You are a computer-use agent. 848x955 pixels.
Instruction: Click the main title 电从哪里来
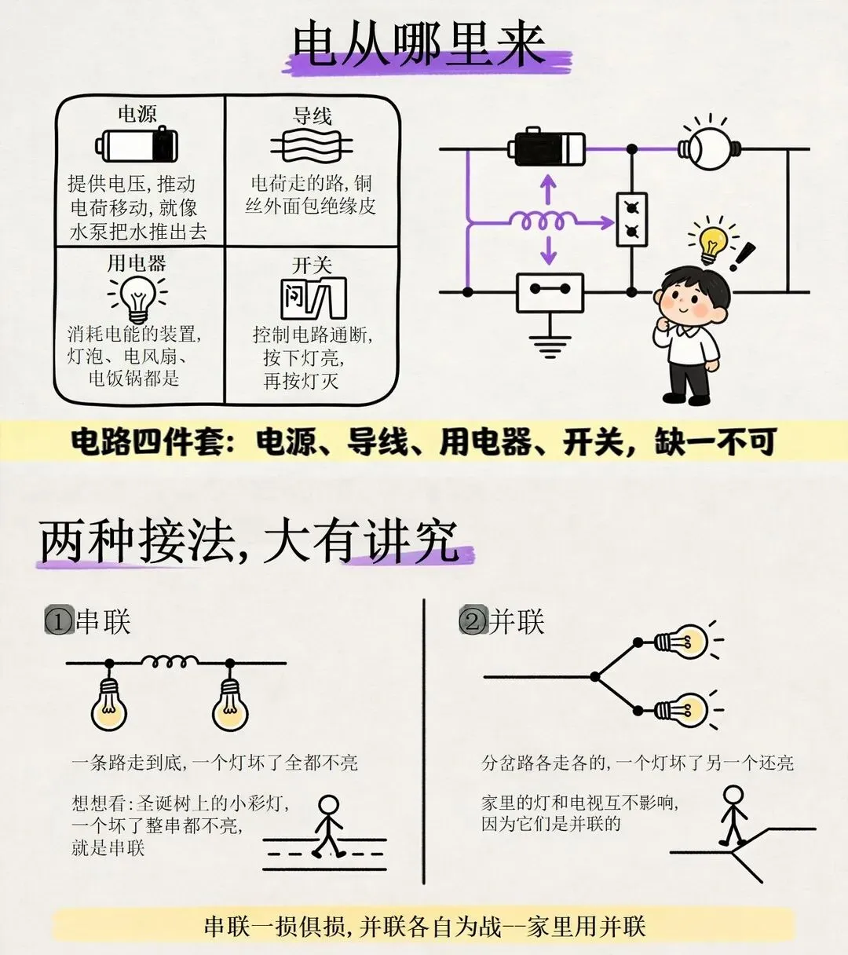click(419, 46)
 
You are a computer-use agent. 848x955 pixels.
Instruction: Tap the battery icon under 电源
click(137, 145)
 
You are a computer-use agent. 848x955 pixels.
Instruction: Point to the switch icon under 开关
click(313, 298)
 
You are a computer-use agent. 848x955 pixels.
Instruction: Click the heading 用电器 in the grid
click(137, 263)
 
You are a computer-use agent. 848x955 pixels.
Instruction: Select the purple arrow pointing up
click(548, 189)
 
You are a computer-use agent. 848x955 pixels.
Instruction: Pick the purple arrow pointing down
click(548, 250)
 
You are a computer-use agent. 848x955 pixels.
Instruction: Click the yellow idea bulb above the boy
click(712, 244)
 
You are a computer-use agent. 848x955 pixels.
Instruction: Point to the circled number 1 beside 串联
click(59, 623)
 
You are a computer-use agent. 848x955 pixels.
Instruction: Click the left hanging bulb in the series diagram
click(109, 704)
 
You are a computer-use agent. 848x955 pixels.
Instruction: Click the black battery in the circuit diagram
click(546, 148)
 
